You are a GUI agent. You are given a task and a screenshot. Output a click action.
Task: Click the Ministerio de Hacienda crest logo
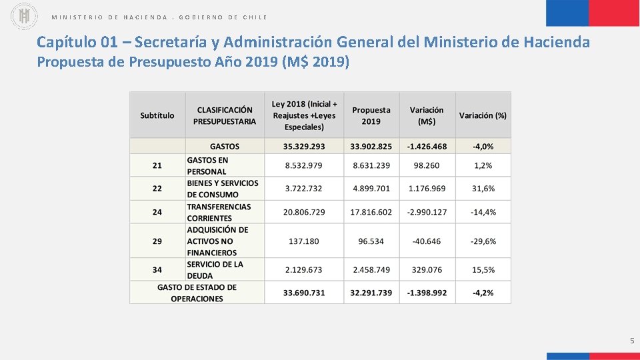(x=25, y=16)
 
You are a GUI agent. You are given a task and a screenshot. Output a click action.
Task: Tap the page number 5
(x=631, y=341)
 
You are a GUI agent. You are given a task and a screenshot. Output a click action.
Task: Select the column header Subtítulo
(x=157, y=115)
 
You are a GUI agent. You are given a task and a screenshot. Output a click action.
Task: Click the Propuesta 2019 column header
(x=371, y=115)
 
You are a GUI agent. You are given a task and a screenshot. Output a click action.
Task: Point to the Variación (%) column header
(x=483, y=115)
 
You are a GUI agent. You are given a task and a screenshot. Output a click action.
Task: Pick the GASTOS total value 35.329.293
(x=304, y=146)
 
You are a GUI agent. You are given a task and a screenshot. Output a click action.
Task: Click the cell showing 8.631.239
(x=371, y=165)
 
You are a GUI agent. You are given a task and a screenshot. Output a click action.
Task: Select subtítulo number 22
(x=157, y=189)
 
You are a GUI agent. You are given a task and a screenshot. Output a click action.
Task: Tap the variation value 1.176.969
(x=427, y=189)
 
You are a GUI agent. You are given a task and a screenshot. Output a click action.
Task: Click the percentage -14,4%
(x=483, y=212)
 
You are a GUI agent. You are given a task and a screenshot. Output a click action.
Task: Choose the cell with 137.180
(x=304, y=241)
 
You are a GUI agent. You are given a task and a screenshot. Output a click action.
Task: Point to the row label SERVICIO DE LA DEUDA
(x=215, y=270)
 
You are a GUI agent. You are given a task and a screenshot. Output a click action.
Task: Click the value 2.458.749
(x=371, y=270)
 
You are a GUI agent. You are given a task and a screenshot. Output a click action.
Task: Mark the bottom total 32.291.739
(x=371, y=293)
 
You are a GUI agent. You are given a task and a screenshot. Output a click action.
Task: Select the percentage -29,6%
(x=483, y=241)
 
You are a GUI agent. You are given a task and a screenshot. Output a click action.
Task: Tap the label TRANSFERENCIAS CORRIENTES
(x=219, y=212)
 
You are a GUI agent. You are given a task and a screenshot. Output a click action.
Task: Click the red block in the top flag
(x=614, y=13)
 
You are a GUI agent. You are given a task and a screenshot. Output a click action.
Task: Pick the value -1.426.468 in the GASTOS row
(x=427, y=146)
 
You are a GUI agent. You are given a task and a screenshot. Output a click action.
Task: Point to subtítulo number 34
(x=157, y=270)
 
